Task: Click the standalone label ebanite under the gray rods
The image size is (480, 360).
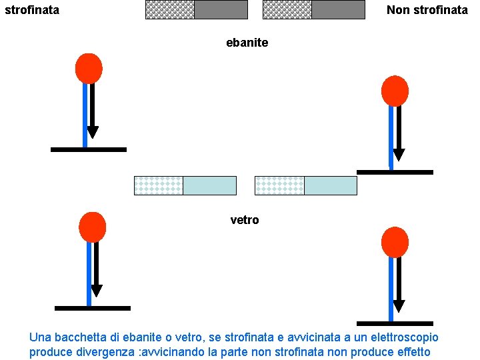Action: [x=247, y=43]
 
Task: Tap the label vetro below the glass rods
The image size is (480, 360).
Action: [x=244, y=220]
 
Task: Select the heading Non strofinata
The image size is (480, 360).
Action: [x=427, y=10]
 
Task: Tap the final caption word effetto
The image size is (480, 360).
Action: [x=411, y=352]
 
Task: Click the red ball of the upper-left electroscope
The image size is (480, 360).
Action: [x=89, y=68]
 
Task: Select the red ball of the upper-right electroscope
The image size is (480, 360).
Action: [x=394, y=91]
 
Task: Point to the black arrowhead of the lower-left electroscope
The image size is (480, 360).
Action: [x=97, y=291]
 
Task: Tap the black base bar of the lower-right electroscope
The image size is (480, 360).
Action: [x=395, y=323]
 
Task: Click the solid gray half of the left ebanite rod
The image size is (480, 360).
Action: [x=221, y=9]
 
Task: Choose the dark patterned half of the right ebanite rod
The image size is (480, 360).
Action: [x=287, y=9]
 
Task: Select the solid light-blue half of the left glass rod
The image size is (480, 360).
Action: [x=209, y=185]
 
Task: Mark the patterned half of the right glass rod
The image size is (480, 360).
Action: [x=279, y=185]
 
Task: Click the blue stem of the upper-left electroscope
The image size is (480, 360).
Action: [x=85, y=113]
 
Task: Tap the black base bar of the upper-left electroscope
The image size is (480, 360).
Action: [x=88, y=149]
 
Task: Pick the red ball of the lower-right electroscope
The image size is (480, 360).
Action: [x=394, y=242]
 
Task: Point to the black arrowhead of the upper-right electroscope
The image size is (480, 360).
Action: [x=399, y=155]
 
